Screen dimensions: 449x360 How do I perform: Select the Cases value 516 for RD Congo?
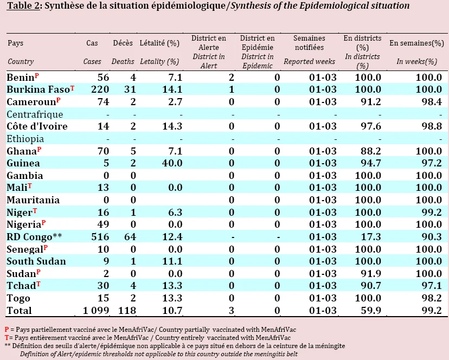click(x=100, y=237)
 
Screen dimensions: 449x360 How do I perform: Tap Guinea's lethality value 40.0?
click(x=172, y=163)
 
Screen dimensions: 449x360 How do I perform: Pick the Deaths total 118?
click(x=127, y=311)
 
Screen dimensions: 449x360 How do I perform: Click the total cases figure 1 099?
click(x=96, y=311)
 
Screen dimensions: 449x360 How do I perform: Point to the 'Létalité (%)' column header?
click(x=159, y=43)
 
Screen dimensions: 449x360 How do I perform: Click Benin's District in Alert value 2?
click(x=232, y=78)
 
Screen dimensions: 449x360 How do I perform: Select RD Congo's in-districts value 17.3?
click(x=371, y=237)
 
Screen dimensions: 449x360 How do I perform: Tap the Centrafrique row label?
click(x=35, y=114)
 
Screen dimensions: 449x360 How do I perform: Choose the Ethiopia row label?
click(x=25, y=139)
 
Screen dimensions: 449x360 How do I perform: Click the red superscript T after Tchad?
click(x=39, y=284)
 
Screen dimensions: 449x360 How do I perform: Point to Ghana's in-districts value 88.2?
click(x=371, y=151)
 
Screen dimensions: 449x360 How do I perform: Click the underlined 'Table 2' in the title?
click(x=23, y=6)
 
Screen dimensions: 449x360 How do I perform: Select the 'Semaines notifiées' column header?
click(x=309, y=43)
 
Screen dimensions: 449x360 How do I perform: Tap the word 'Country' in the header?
click(x=21, y=62)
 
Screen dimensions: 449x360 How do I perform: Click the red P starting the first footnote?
click(x=7, y=330)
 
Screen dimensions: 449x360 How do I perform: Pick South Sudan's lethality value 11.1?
click(x=172, y=261)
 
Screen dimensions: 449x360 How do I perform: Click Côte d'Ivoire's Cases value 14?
click(x=104, y=126)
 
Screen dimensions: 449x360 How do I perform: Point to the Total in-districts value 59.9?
click(x=371, y=311)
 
